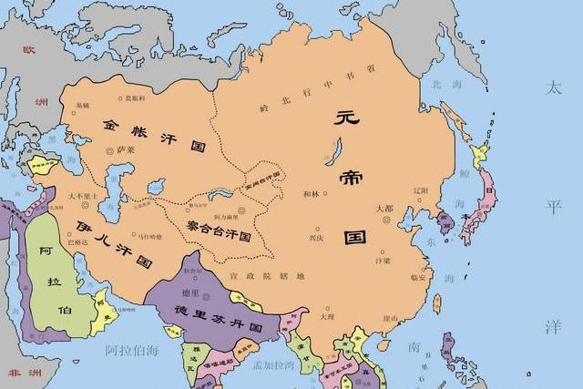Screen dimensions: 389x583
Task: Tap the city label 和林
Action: (x=311, y=194)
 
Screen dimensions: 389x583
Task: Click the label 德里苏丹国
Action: (x=211, y=322)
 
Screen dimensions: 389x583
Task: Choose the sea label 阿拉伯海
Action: (x=133, y=349)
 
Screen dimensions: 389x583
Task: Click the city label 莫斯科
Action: (x=135, y=97)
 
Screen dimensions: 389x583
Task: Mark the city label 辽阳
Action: (x=420, y=190)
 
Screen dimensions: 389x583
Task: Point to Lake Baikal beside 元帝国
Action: (x=336, y=146)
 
